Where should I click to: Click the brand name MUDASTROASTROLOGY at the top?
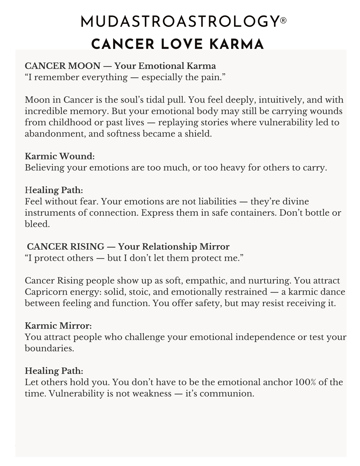pyautogui.click(x=179, y=22)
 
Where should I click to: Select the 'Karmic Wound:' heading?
pyautogui.click(x=60, y=156)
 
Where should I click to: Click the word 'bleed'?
pyautogui.click(x=37, y=224)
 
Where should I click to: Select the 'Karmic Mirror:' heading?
pyautogui.click(x=58, y=326)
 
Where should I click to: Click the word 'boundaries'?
pyautogui.click(x=49, y=348)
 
